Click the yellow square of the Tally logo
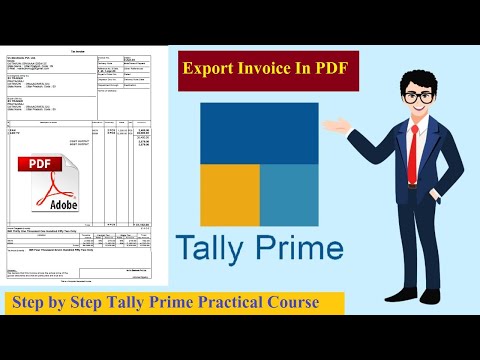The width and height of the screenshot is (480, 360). coord(229,196)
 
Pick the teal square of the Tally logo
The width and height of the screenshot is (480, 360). coord(289,196)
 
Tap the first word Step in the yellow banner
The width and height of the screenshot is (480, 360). coord(29,302)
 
